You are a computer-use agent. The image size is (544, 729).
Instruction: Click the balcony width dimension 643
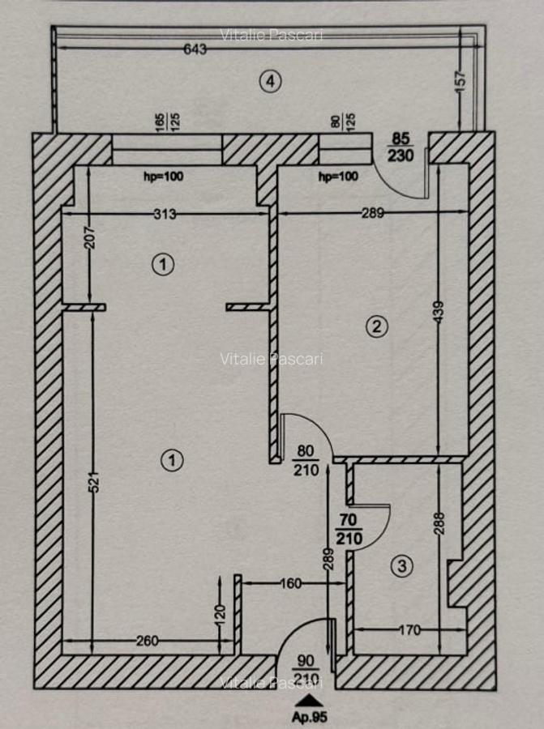(x=195, y=49)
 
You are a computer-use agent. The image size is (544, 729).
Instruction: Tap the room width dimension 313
(x=165, y=214)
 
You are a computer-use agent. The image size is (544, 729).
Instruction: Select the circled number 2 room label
(x=375, y=326)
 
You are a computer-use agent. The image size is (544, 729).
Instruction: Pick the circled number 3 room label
(x=401, y=566)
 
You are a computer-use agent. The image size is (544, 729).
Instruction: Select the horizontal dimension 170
(x=409, y=629)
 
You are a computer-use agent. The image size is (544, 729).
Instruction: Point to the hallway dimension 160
(x=292, y=582)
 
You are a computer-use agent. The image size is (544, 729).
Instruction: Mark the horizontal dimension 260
(x=148, y=641)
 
